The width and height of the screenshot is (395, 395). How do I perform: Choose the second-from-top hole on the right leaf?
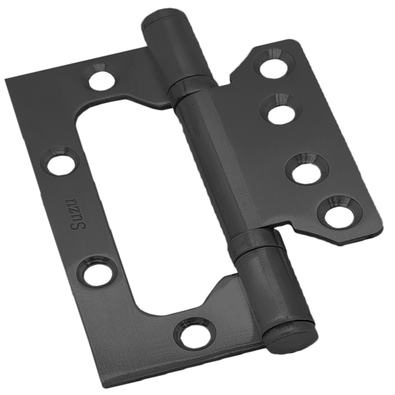[x=281, y=107]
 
